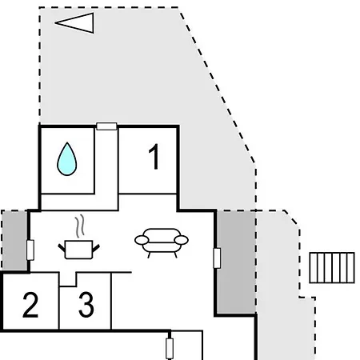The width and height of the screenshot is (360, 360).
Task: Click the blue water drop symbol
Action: coord(67,159)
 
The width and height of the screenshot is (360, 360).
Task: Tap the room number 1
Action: coord(154,157)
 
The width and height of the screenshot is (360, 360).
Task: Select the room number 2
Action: coord(30,305)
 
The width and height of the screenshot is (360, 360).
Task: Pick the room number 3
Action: coord(86,305)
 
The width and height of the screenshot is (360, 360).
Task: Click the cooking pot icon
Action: coord(78,250)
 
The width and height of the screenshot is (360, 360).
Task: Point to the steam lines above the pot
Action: coord(80,226)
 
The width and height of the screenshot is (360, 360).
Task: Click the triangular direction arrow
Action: coord(74,23)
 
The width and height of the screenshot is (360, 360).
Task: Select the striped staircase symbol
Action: coord(332,267)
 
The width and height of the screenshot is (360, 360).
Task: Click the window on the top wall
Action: coord(106,126)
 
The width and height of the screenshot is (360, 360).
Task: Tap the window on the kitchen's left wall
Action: coord(30,250)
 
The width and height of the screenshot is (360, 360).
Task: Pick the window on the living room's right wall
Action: coord(217,258)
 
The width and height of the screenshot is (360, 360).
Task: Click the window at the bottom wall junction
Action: coord(170,349)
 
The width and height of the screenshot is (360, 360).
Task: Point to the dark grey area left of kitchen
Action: coord(14,240)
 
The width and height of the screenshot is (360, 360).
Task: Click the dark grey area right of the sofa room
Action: coord(236,262)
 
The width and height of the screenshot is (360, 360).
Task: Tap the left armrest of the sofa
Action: coord(142,240)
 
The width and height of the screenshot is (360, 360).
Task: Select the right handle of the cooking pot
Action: coord(96,248)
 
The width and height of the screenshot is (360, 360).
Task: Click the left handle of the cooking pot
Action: coord(62,248)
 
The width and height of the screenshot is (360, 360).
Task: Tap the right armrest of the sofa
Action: coord(182,240)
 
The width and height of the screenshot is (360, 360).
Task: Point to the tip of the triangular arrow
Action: coord(55,23)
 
